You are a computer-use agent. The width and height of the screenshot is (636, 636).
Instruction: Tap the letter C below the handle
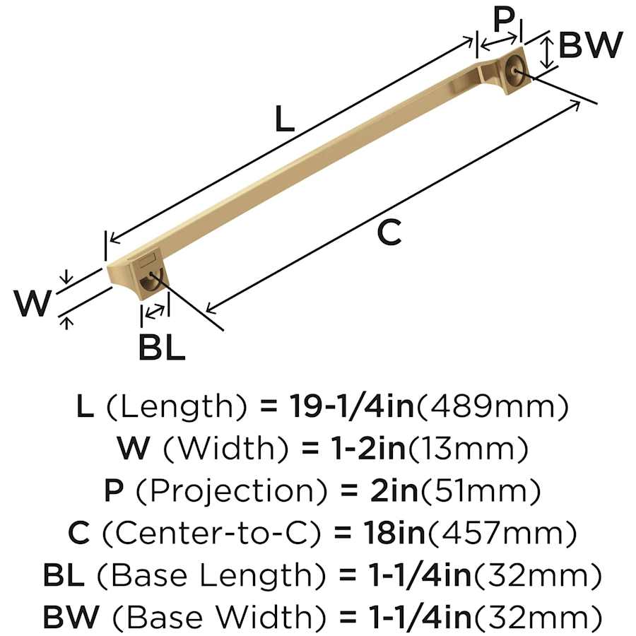click(x=389, y=232)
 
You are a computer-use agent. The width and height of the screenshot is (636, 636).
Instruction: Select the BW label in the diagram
click(x=591, y=45)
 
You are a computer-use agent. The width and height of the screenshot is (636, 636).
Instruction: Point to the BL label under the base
click(x=162, y=347)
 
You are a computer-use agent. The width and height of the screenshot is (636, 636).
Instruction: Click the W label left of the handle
click(x=33, y=303)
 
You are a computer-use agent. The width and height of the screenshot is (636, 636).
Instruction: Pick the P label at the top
click(x=503, y=20)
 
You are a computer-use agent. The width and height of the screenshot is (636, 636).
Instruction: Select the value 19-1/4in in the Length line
click(x=352, y=406)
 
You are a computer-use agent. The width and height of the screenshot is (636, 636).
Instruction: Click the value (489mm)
click(x=493, y=407)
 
